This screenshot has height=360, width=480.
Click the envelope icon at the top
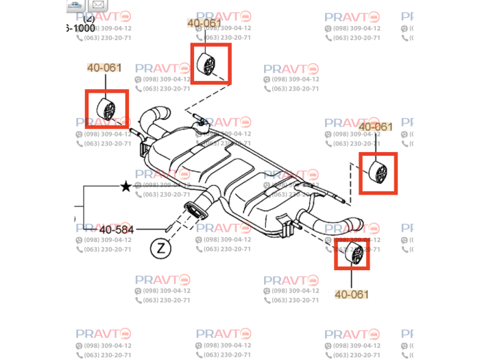(x=98, y=5)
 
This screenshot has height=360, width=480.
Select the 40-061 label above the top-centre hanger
(x=204, y=23)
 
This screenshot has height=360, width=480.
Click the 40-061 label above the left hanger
(x=104, y=68)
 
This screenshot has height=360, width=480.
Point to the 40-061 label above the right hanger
(x=376, y=127)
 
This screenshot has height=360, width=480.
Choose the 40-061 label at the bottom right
(x=352, y=294)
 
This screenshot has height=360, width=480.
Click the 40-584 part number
(x=117, y=229)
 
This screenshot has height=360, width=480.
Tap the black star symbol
(x=125, y=187)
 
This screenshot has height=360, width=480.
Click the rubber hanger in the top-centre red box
(x=209, y=64)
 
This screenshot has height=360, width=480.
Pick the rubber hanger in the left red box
(x=107, y=109)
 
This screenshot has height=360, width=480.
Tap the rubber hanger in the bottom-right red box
(x=352, y=253)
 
